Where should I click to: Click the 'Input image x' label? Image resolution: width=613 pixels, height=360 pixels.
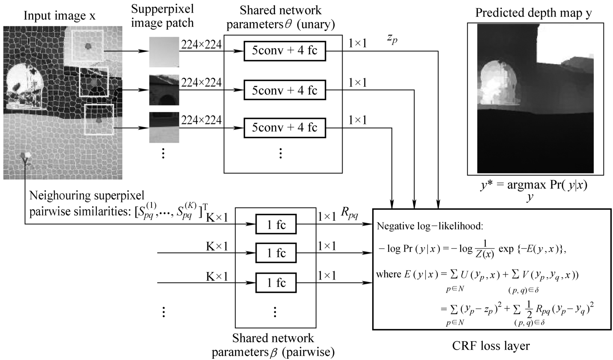pos(59,16)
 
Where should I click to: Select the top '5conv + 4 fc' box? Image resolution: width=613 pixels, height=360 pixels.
pos(284,51)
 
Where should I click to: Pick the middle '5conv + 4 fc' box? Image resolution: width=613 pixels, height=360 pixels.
pos(284,91)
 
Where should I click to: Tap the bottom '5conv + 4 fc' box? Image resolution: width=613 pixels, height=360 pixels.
pos(284,128)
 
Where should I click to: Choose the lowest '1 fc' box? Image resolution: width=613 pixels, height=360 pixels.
pos(276,283)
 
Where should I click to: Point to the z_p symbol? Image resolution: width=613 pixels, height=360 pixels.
pos(392,39)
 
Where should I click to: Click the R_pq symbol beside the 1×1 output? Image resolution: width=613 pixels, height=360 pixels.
pos(350,213)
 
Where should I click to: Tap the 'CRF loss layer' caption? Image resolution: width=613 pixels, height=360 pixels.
pos(491,346)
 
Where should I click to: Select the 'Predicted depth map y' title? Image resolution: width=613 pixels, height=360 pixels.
pos(533,13)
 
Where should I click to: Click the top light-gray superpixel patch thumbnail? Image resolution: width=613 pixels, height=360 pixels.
pos(164,52)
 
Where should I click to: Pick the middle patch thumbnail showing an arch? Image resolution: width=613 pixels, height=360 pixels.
pos(164,90)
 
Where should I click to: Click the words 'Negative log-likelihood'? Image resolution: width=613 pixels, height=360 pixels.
pos(430,227)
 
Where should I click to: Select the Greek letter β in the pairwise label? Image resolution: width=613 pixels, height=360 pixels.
pos(274,353)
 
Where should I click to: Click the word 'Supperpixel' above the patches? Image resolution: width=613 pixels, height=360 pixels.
pos(162,9)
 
